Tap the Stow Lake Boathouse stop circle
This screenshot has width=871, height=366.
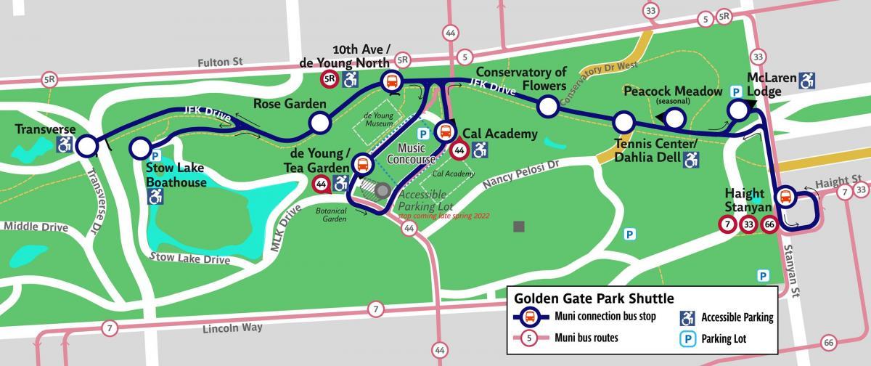tap(139, 148)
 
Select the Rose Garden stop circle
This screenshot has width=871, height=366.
tap(318, 123)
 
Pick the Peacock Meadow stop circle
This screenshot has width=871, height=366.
tap(674, 118)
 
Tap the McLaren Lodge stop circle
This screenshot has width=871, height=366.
tap(737, 110)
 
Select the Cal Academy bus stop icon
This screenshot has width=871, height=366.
tap(443, 132)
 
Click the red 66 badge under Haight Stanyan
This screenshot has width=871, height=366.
tap(770, 226)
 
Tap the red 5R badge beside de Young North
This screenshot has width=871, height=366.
tap(330, 78)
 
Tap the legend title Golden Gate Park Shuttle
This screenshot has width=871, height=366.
tap(594, 298)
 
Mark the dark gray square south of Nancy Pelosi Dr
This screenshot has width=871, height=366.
tap(519, 227)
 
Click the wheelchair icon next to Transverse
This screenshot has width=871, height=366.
tap(65, 145)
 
